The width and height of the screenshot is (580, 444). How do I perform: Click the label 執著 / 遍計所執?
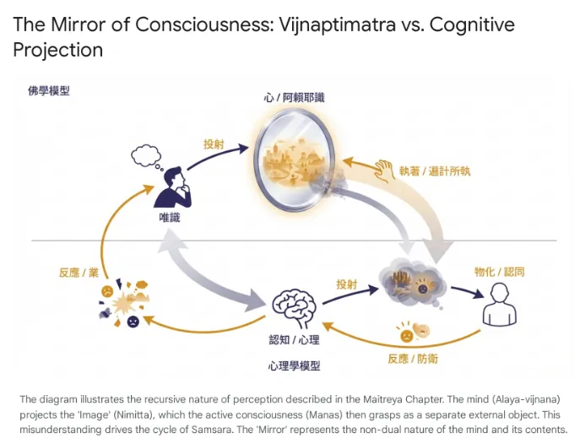pyautogui.click(x=435, y=171)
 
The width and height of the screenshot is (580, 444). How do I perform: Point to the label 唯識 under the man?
pyautogui.click(x=170, y=218)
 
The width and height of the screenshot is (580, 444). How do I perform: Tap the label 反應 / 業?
pyautogui.click(x=79, y=273)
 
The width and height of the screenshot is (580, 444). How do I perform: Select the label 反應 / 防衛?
pyautogui.click(x=413, y=358)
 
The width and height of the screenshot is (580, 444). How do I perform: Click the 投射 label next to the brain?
pyautogui.click(x=347, y=284)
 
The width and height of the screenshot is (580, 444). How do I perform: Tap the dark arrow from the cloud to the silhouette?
pyautogui.click(x=463, y=291)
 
